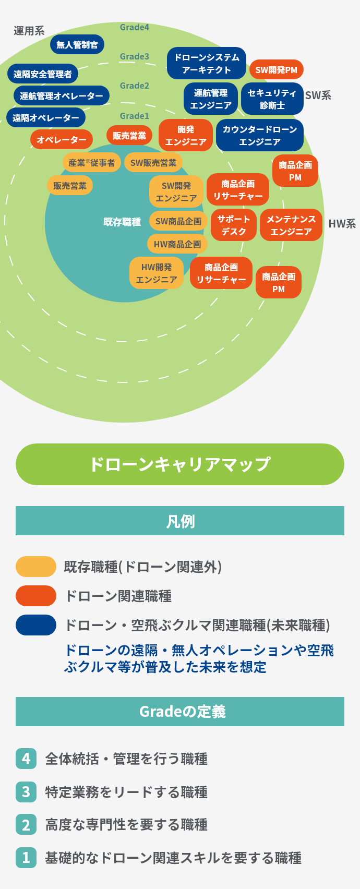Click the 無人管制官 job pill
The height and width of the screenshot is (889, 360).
tap(77, 45)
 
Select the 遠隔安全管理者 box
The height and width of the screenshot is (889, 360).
tap(43, 74)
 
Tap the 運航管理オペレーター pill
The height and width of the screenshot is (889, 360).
tap(62, 96)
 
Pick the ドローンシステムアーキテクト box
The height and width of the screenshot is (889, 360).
tap(207, 64)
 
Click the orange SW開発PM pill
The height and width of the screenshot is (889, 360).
tap(276, 69)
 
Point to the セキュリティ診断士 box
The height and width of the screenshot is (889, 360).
tap(272, 99)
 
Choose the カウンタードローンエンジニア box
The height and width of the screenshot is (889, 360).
tap(259, 135)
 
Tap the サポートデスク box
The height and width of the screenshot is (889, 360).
tap(234, 225)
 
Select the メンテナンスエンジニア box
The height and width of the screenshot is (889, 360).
tap(291, 225)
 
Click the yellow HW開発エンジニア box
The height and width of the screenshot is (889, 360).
tap(157, 273)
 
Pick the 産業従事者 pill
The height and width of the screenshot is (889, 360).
tap(92, 163)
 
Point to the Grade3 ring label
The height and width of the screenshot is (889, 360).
tap(135, 56)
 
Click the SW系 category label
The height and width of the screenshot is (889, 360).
tap(318, 95)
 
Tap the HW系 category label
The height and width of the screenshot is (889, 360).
tap(342, 224)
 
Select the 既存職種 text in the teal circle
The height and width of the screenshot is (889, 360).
tap(122, 222)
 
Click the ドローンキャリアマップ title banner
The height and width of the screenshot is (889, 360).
tap(180, 464)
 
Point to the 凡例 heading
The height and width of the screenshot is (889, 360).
tap(180, 521)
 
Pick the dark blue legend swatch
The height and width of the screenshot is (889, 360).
tap(36, 625)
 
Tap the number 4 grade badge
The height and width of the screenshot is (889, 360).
tap(26, 759)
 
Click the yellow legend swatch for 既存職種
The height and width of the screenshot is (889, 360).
tap(36, 567)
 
